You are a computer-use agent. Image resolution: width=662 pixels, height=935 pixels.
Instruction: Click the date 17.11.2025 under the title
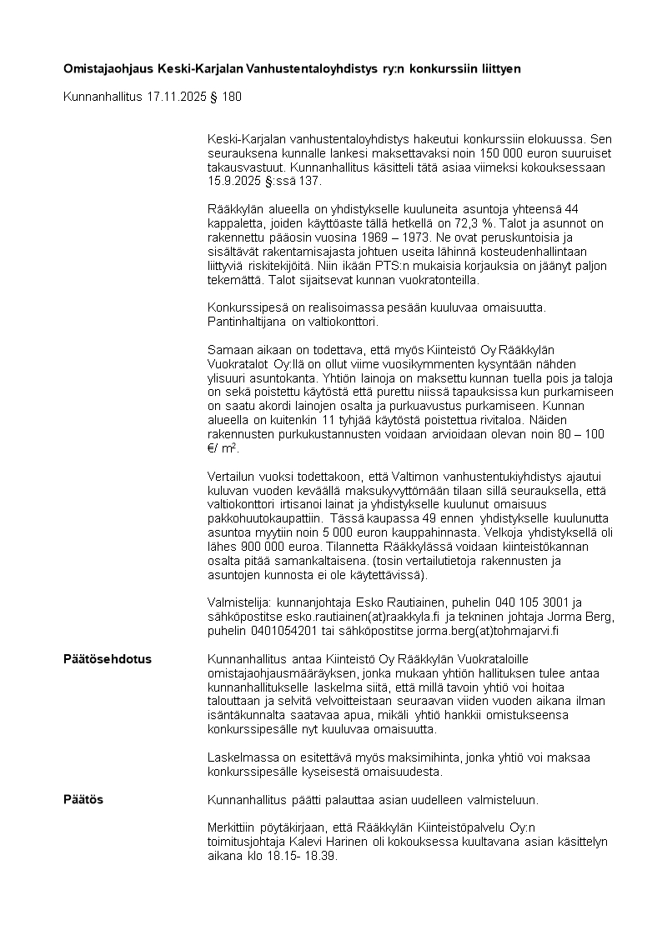[175, 97]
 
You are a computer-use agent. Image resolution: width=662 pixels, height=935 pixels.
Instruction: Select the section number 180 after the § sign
[233, 97]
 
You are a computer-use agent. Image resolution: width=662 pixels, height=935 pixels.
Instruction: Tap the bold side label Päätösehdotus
[108, 659]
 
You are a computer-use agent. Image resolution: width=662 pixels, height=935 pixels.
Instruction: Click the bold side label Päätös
[83, 800]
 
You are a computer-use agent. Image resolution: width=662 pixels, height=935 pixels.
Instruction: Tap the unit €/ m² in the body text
[220, 447]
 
